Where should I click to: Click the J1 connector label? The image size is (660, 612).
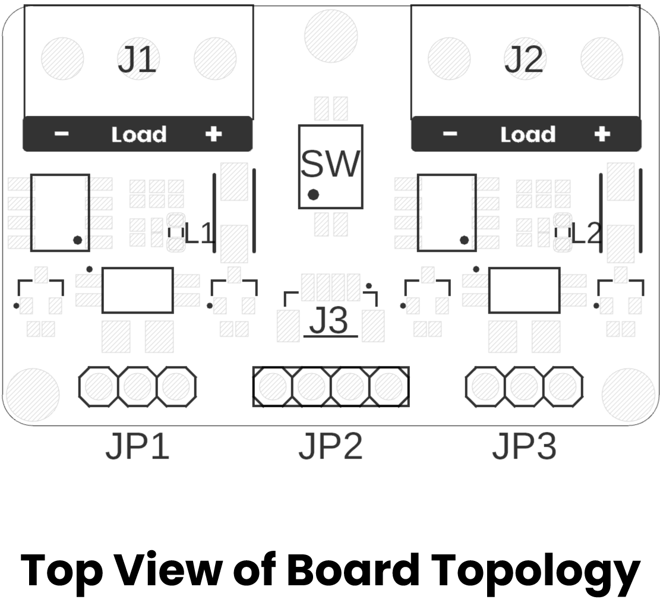[137, 59]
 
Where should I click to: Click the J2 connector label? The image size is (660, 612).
[524, 59]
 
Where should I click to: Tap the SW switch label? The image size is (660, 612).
[330, 163]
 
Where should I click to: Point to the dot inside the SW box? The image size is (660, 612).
[313, 194]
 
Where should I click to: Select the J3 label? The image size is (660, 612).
[329, 320]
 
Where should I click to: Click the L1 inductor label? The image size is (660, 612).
[199, 233]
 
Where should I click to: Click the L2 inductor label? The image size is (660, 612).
[586, 233]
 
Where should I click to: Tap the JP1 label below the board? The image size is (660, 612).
[138, 446]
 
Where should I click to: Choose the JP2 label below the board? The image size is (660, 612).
[331, 446]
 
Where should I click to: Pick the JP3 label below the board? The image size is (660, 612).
[525, 446]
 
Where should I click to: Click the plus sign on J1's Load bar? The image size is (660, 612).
[213, 134]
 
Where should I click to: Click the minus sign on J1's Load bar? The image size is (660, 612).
[61, 134]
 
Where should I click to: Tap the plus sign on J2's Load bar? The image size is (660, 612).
[602, 134]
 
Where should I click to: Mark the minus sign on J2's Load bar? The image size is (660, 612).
[450, 134]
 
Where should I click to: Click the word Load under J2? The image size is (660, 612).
[528, 135]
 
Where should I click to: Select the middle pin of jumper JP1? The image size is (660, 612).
[138, 386]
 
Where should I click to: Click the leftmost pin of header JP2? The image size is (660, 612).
[272, 386]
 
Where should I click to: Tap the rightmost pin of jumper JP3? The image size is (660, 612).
[563, 386]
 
